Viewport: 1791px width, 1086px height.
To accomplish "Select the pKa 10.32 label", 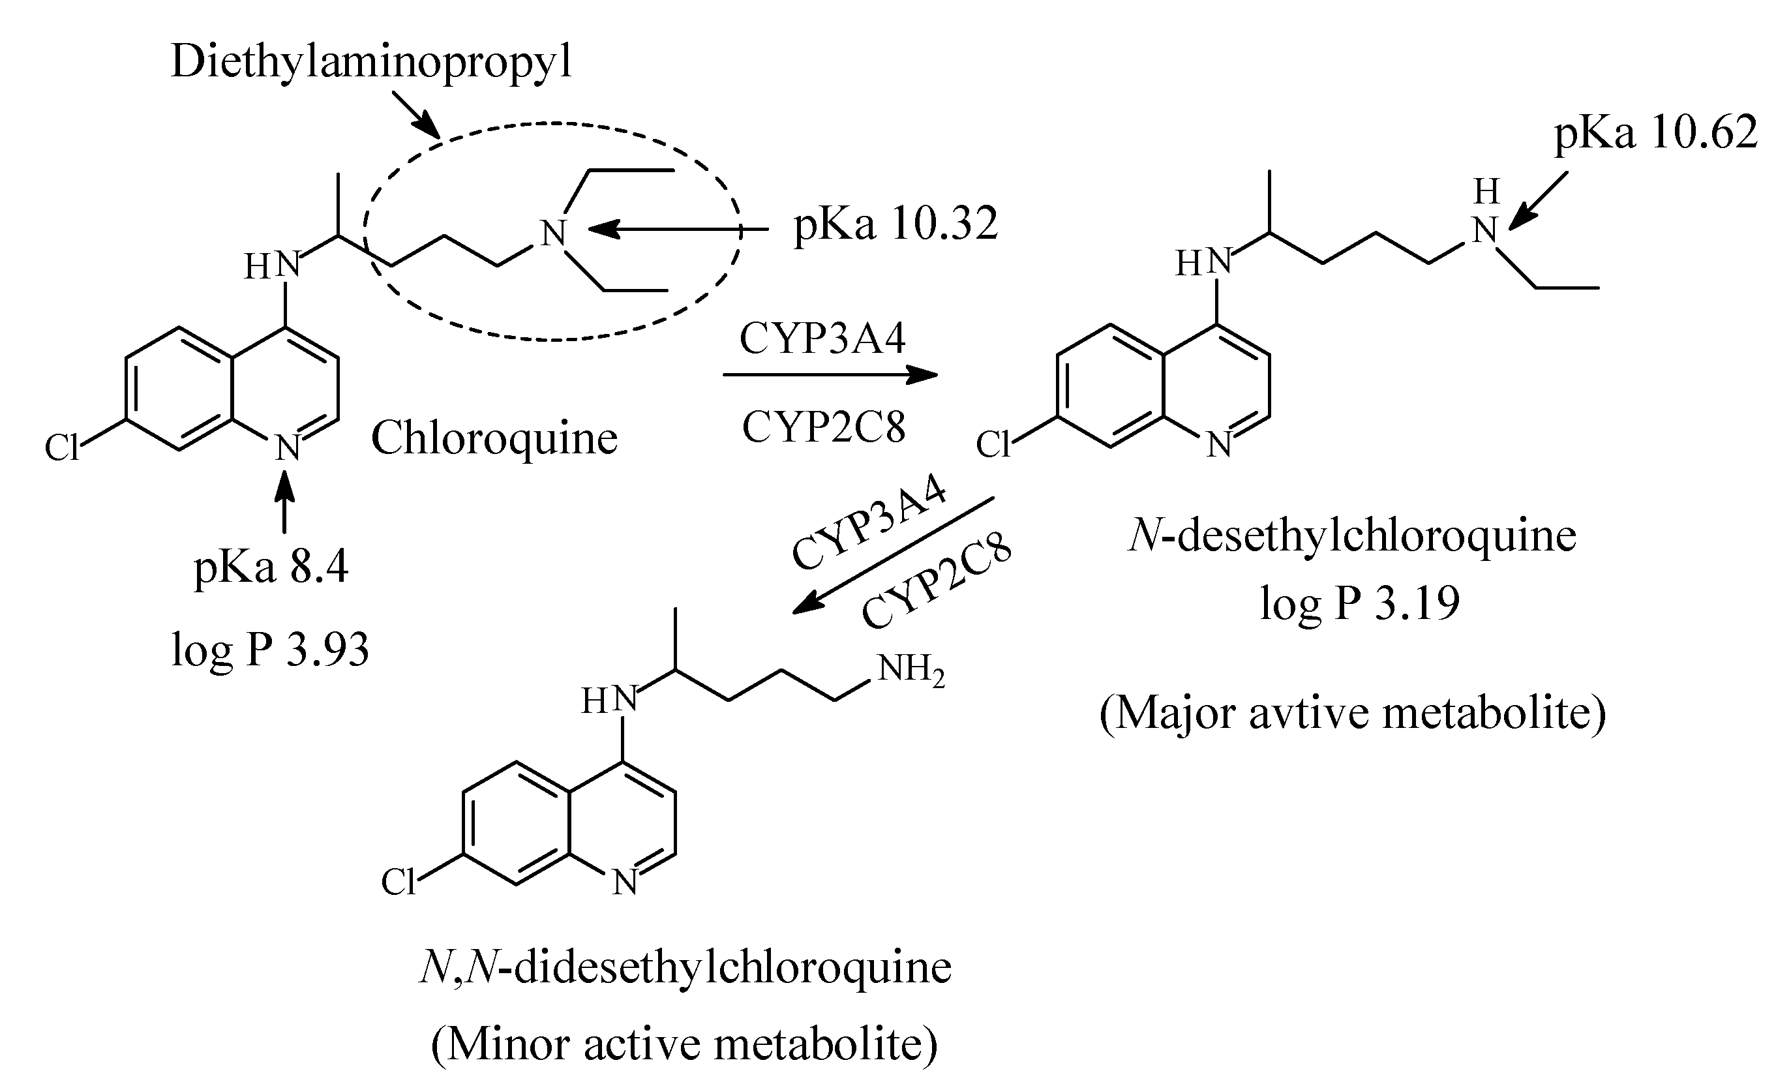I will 895,224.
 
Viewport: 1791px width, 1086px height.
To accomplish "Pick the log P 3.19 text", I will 1359,603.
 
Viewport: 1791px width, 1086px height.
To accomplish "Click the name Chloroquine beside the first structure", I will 494,438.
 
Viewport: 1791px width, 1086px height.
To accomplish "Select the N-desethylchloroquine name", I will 1352,536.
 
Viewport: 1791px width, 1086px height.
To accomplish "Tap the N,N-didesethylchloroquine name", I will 685,967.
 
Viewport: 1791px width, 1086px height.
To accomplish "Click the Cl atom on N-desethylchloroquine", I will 992,444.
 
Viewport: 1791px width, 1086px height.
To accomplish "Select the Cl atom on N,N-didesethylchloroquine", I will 399,882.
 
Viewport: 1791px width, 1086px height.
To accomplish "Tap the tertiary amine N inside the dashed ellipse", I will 553,234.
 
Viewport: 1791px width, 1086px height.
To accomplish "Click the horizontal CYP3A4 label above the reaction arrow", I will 823,339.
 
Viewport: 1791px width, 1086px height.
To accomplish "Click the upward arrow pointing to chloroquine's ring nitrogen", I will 284,502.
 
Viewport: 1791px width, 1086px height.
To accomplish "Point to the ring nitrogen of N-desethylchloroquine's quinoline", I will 1219,445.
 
